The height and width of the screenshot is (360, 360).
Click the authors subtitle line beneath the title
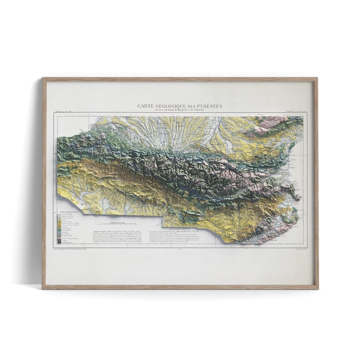(x=180, y=110)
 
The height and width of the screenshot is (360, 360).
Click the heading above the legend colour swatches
(x=66, y=212)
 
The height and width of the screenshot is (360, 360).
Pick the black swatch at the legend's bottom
(x=59, y=242)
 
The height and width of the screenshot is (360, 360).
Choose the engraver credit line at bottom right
(x=297, y=249)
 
